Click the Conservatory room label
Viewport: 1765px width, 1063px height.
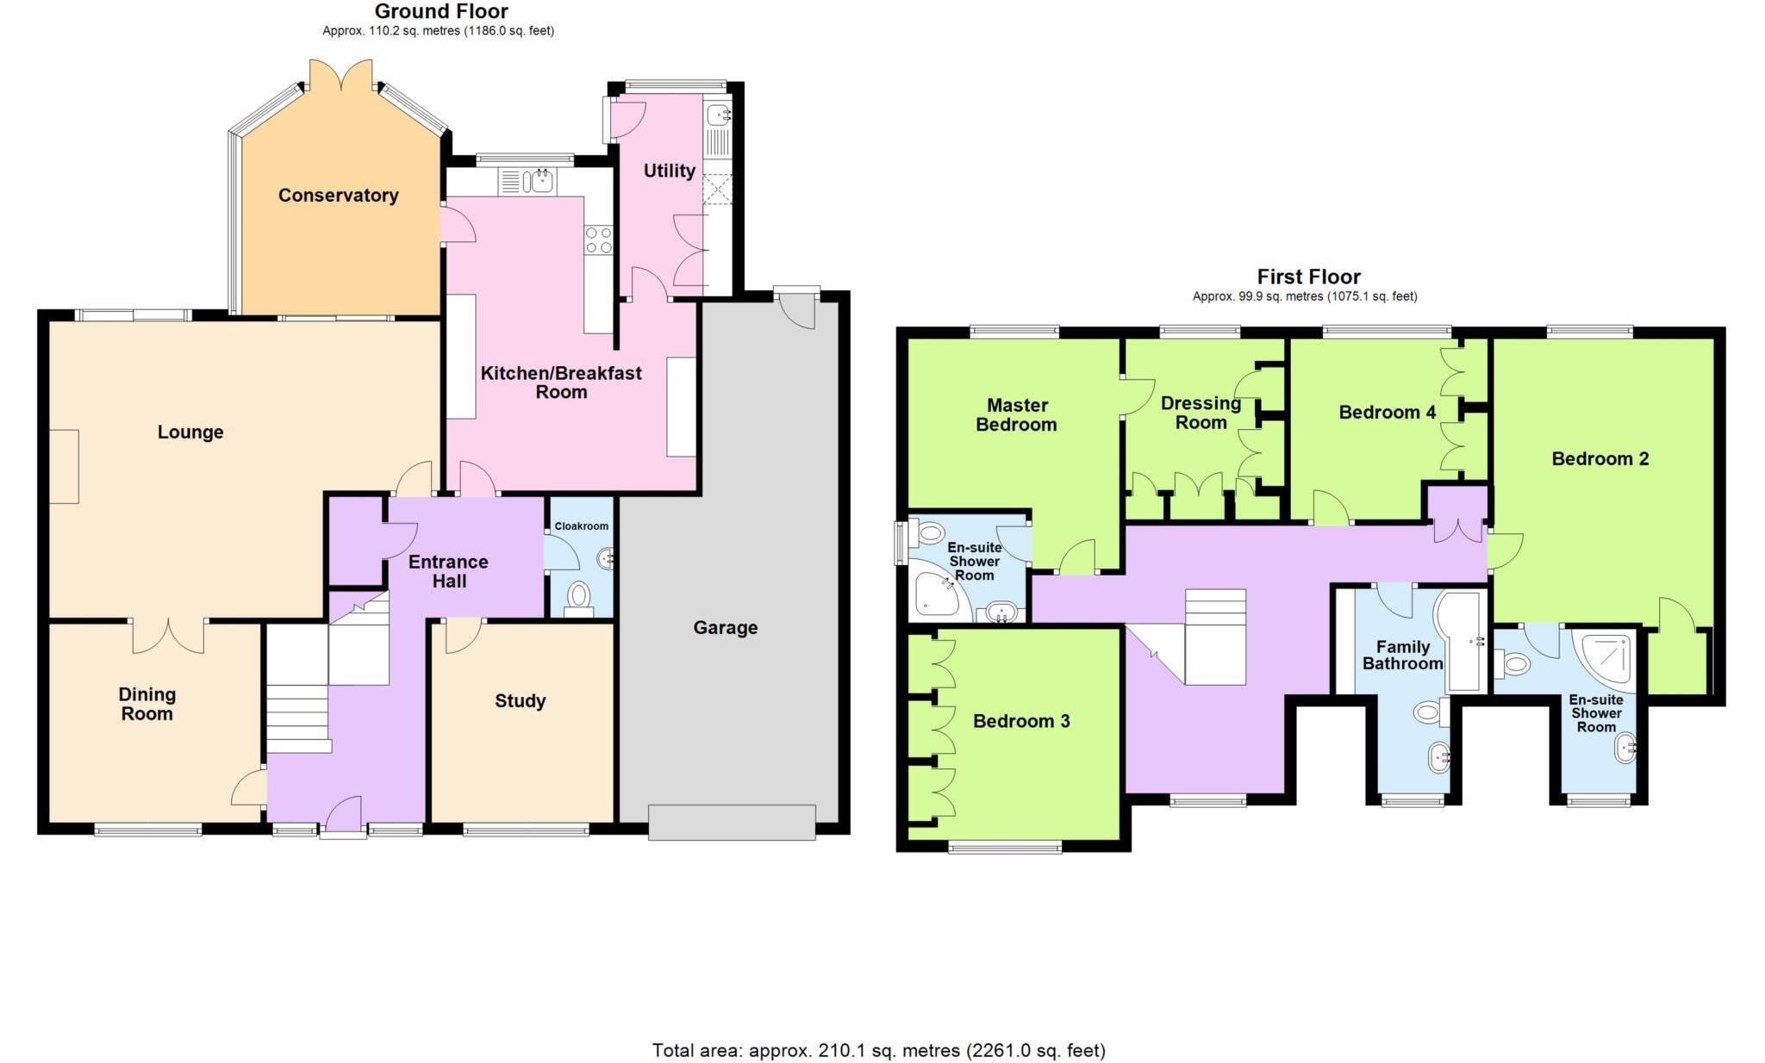(x=338, y=196)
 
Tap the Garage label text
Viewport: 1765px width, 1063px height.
(x=725, y=628)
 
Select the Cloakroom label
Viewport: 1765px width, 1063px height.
(x=581, y=526)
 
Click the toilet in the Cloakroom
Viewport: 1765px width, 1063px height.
(x=578, y=596)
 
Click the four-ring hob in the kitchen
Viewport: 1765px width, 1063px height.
(x=598, y=239)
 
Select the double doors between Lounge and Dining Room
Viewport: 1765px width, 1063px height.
(x=168, y=636)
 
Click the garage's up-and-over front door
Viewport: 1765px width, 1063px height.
(x=732, y=822)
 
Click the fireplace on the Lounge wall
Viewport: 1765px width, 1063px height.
(x=64, y=466)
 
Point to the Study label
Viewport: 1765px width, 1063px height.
(x=520, y=701)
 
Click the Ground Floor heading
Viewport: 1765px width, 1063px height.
(x=440, y=11)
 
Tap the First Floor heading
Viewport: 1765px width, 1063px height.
(x=1307, y=277)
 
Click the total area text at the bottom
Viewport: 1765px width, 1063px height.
(x=878, y=1050)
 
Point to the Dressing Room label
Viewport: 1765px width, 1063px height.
(x=1201, y=413)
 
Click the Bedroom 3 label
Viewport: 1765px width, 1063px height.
(x=1020, y=721)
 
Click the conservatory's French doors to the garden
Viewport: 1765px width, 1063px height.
(x=341, y=75)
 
